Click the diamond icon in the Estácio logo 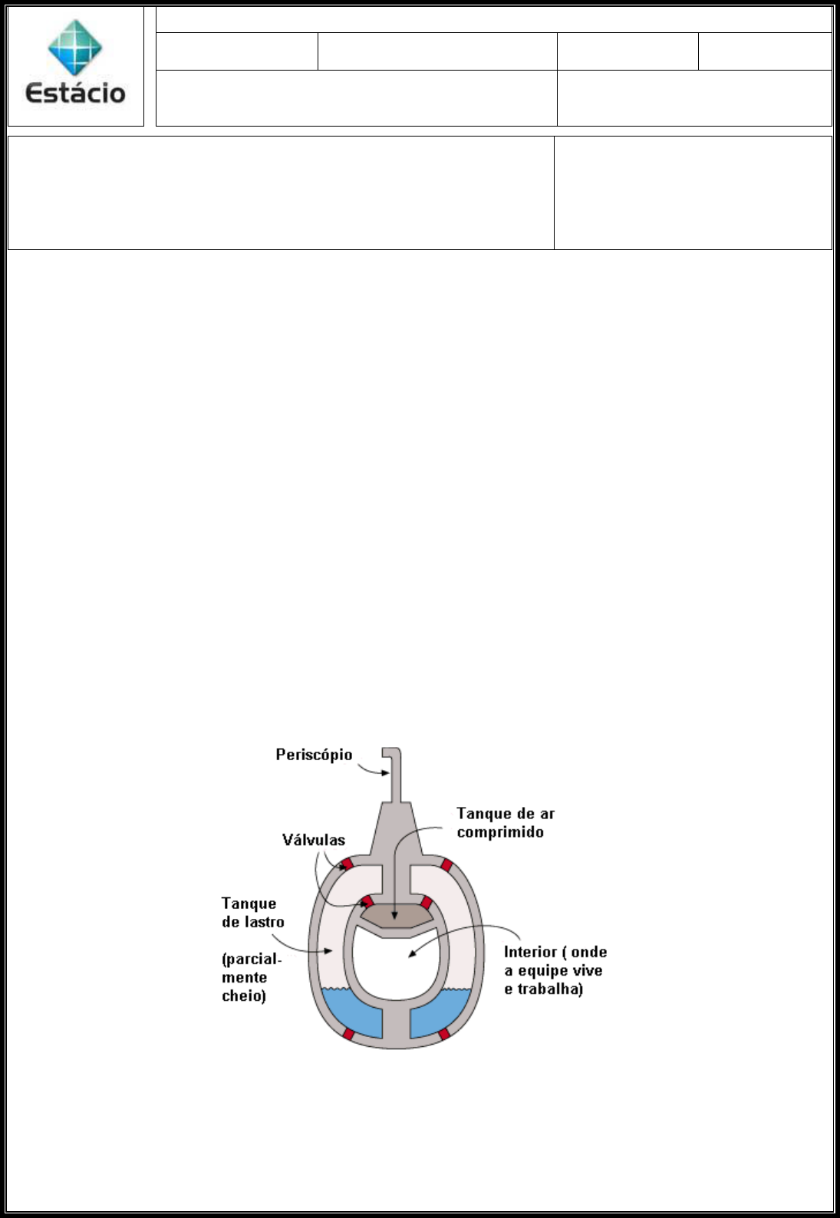(75, 48)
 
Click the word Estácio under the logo (75, 93)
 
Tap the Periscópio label (314, 755)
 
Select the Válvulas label (314, 840)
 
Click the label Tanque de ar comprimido (505, 822)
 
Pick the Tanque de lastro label (252, 912)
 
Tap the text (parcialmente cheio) (251, 977)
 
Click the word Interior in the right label (529, 952)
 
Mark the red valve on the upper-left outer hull (347, 864)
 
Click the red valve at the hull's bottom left (348, 1034)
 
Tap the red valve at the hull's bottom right (443, 1034)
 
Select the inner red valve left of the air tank (367, 901)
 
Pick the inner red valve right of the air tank (427, 902)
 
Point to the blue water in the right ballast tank (440, 1011)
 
